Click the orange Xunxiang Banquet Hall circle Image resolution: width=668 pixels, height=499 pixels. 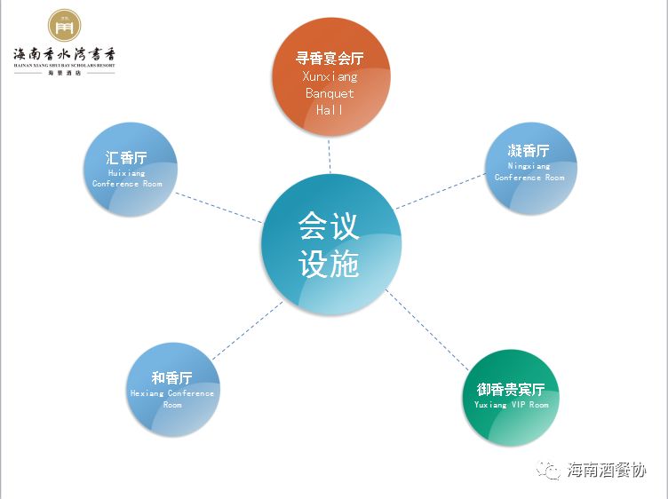330,77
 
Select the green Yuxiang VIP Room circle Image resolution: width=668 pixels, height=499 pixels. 511,398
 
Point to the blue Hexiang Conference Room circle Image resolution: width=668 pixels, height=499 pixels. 171,390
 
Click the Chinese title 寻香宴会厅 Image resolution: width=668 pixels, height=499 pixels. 330,59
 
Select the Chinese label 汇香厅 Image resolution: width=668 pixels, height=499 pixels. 126,158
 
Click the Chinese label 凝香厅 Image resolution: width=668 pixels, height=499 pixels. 529,151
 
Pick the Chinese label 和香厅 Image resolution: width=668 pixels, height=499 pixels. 171,378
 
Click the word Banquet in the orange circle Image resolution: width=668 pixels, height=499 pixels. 330,93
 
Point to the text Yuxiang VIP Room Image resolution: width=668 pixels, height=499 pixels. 511,406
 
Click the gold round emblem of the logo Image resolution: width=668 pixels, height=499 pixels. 64,27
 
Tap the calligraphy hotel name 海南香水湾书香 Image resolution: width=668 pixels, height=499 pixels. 64,55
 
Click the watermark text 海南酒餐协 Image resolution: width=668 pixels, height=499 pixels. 607,470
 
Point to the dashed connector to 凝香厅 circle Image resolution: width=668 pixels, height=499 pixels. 439,192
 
